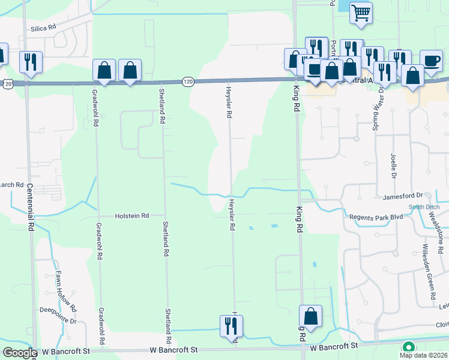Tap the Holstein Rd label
(132, 215)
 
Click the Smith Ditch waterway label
(424, 207)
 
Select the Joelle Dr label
(395, 165)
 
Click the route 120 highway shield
(188, 80)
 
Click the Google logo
(20, 353)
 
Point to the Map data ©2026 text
(423, 355)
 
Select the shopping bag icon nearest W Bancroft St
(311, 316)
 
